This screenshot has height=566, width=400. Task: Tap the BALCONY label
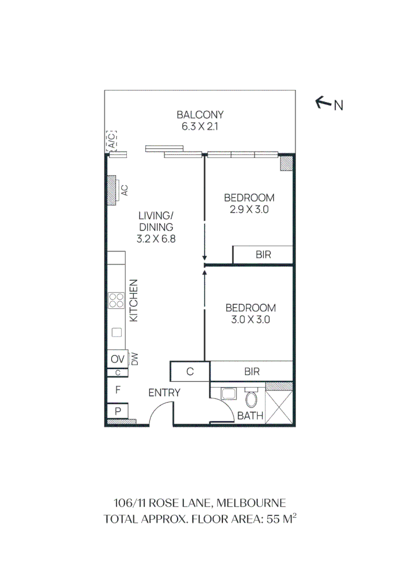pyautogui.click(x=200, y=115)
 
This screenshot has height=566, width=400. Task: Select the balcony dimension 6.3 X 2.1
pyautogui.click(x=200, y=126)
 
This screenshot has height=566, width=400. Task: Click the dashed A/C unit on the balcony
pyautogui.click(x=112, y=141)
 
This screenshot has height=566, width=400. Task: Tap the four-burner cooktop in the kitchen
pyautogui.click(x=116, y=300)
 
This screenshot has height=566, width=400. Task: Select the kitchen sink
pyautogui.click(x=116, y=332)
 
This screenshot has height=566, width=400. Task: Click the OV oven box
pyautogui.click(x=117, y=360)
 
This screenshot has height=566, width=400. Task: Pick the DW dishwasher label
pyautogui.click(x=134, y=360)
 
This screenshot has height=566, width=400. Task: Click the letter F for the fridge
pyautogui.click(x=118, y=389)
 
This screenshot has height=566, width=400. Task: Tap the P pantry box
pyautogui.click(x=117, y=411)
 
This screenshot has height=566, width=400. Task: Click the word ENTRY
pyautogui.click(x=164, y=393)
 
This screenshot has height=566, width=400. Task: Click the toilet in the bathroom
pyautogui.click(x=252, y=400)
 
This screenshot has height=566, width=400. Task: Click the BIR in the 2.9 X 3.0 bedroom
pyautogui.click(x=263, y=255)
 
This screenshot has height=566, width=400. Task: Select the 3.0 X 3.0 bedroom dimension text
pyautogui.click(x=250, y=320)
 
